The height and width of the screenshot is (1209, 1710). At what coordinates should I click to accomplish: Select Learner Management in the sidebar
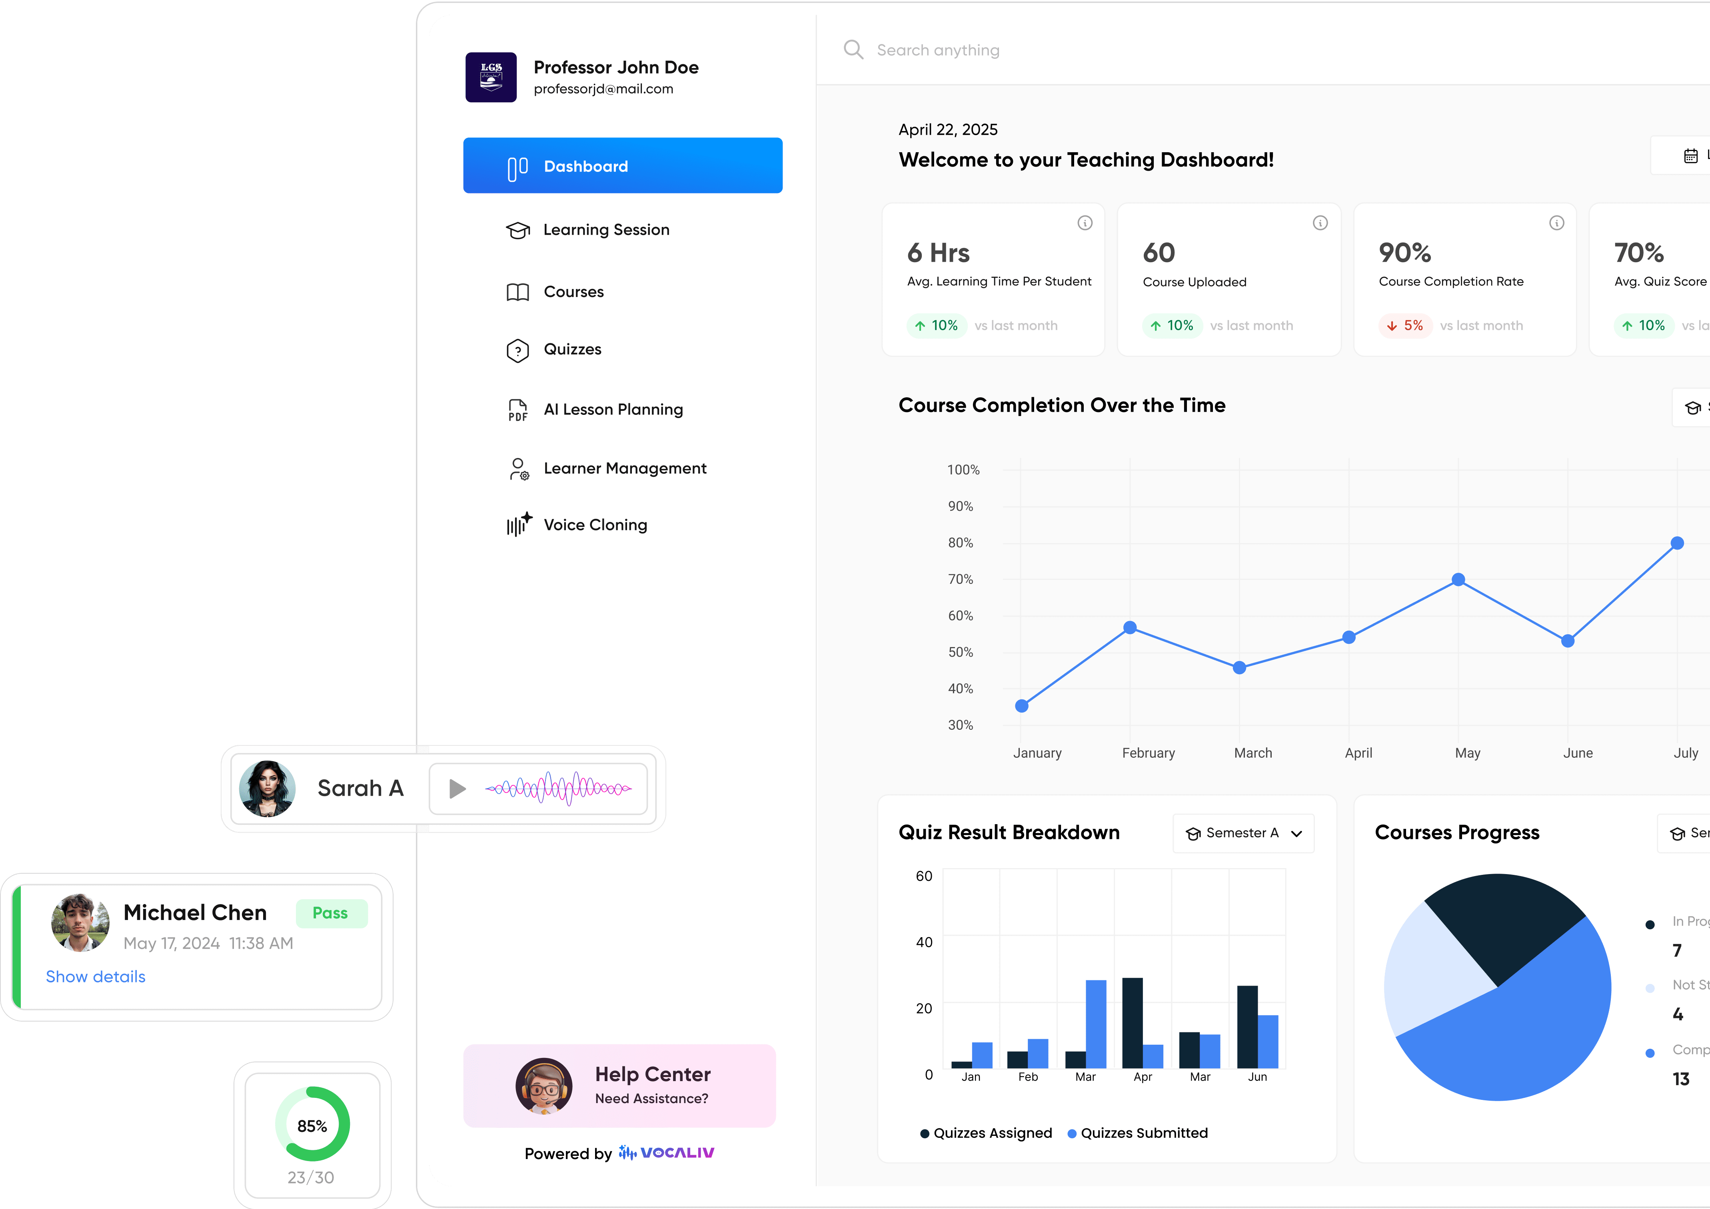[624, 468]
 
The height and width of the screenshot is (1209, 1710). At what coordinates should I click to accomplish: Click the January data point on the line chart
[1022, 706]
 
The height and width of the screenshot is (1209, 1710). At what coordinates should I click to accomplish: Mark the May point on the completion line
[1458, 579]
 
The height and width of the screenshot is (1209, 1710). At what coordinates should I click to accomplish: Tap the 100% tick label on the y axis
[963, 470]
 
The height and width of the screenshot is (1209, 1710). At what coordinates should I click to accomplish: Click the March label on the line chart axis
[1253, 753]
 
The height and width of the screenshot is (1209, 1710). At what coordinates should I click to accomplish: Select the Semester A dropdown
[1243, 833]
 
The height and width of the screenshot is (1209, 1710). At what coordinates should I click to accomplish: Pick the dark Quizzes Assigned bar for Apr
[1132, 1022]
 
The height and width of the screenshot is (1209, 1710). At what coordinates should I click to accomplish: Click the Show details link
[95, 977]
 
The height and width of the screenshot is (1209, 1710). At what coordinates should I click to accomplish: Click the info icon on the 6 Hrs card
[1085, 223]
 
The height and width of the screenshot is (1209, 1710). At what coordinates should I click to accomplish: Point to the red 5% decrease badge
[1404, 325]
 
